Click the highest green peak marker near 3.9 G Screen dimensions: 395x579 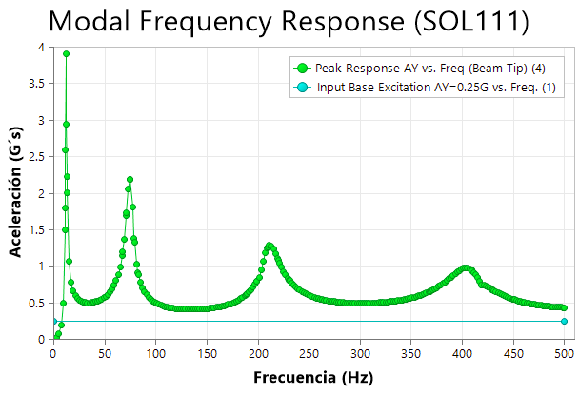pos(66,54)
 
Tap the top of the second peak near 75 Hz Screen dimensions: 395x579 pos(130,179)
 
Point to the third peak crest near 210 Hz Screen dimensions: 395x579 pos(270,246)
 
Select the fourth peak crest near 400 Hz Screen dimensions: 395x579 pos(465,268)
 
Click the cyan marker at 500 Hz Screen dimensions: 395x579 pos(564,321)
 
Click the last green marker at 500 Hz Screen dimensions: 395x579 pos(564,307)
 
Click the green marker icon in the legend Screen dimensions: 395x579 pos(302,68)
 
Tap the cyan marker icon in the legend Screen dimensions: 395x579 pos(302,88)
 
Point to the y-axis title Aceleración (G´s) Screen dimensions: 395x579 pos(16,193)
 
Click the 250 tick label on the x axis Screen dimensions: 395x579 pos(309,352)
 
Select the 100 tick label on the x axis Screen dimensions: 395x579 pos(155,352)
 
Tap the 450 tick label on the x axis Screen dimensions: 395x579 pos(513,352)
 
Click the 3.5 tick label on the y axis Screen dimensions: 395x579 pos(34,84)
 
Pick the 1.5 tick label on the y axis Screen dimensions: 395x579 pos(34,229)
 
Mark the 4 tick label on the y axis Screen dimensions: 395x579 pos(39,48)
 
